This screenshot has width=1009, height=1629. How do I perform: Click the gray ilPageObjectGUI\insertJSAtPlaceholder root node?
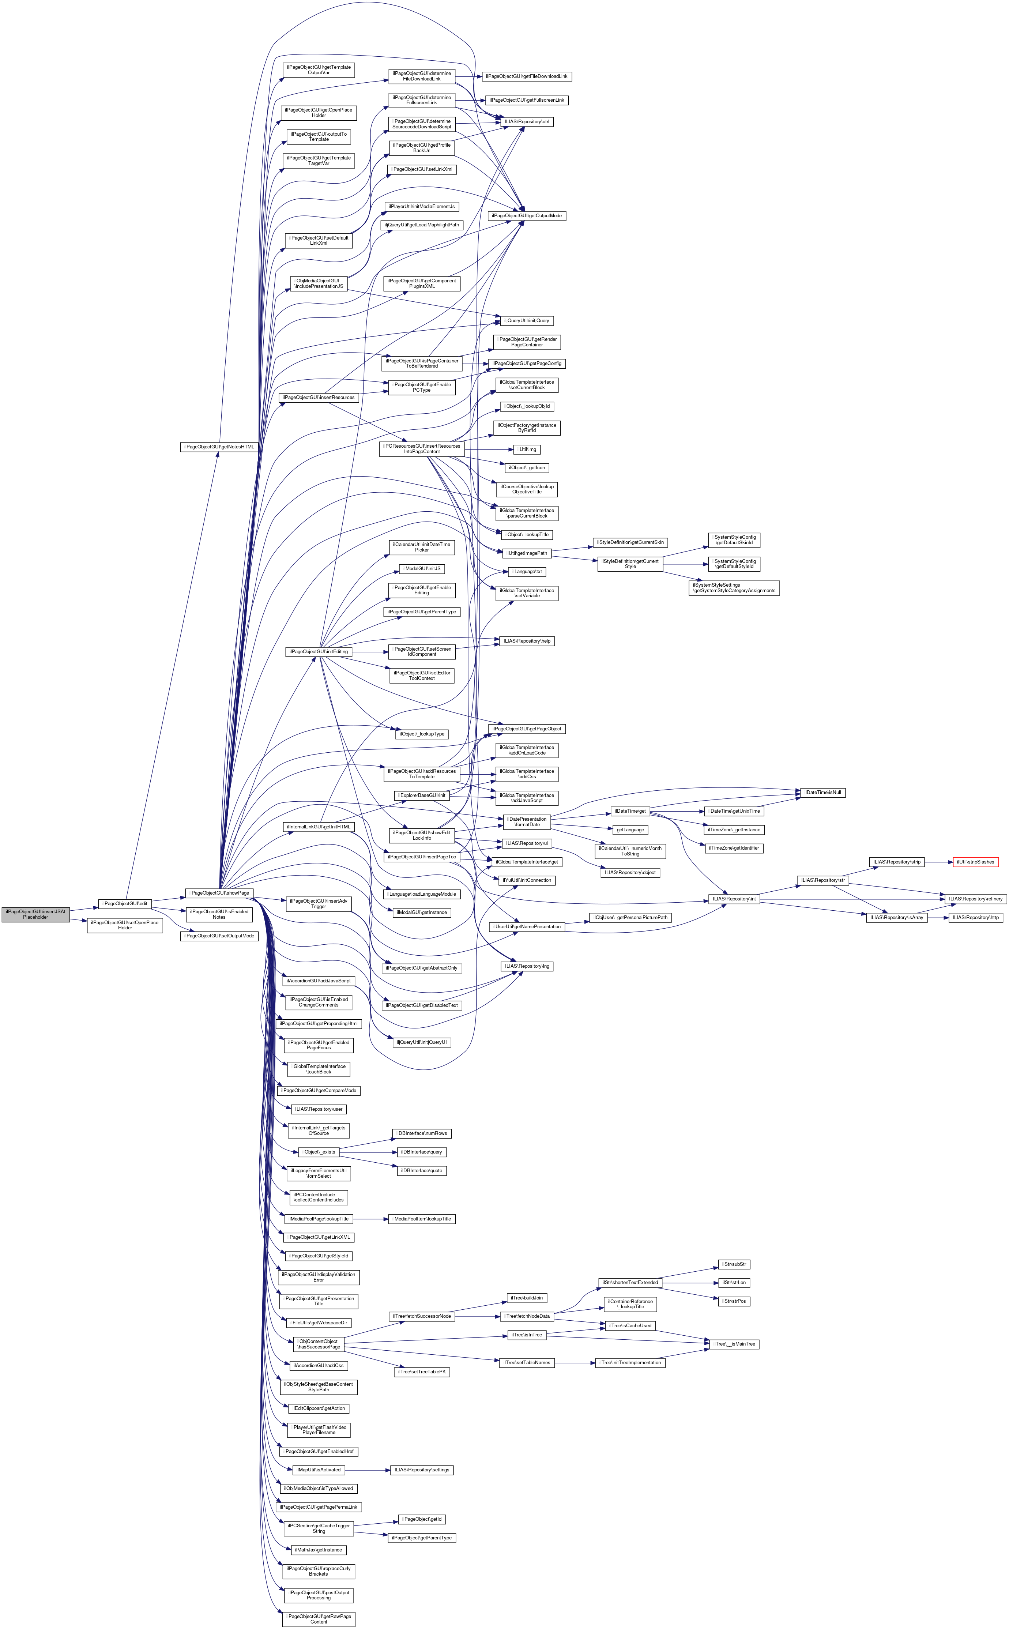pos(35,914)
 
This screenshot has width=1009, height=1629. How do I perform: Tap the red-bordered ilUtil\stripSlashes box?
pos(975,862)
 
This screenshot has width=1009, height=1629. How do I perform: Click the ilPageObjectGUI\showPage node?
pos(219,893)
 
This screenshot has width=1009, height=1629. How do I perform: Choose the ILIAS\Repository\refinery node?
pos(975,899)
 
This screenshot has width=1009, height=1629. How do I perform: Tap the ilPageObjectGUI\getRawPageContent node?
pos(318,1619)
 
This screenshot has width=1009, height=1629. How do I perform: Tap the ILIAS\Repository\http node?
pos(975,918)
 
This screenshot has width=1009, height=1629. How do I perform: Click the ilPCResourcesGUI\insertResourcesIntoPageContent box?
pos(421,448)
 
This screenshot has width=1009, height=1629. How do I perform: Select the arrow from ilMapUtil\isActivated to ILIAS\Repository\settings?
pos(367,1470)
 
